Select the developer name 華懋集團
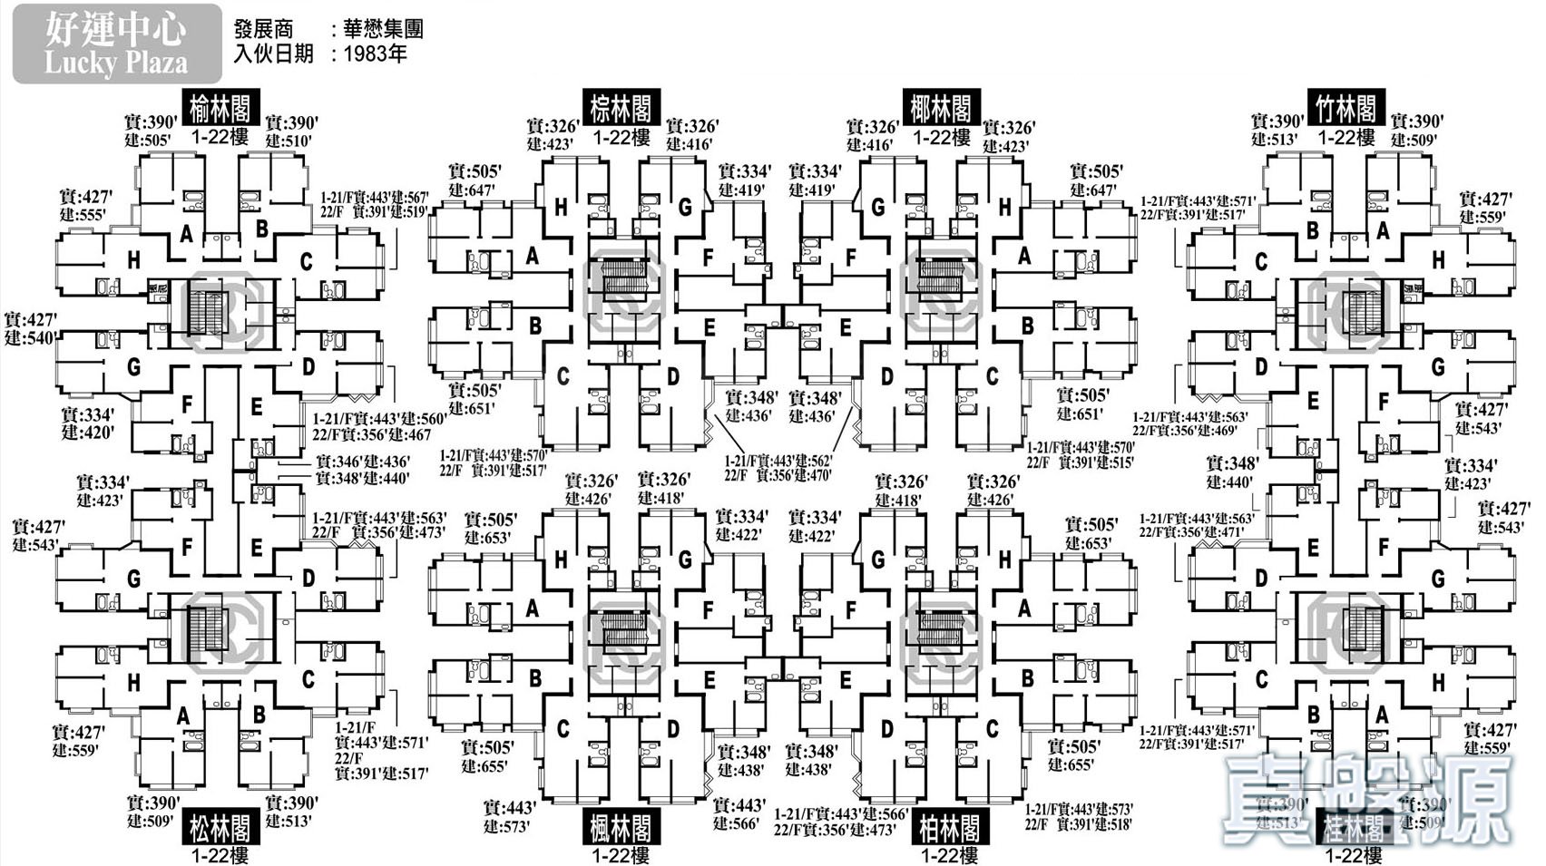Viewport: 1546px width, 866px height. (x=383, y=30)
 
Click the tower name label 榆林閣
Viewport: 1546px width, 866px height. (x=220, y=109)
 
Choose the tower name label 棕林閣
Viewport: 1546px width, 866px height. (x=621, y=109)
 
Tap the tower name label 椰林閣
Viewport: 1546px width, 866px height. (x=941, y=109)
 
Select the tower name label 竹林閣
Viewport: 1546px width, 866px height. (x=1346, y=109)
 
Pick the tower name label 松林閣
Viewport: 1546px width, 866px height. (x=220, y=827)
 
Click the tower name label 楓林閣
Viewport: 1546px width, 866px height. (x=621, y=827)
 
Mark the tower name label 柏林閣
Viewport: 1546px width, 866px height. (x=948, y=827)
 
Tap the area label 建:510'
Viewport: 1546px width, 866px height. (x=289, y=141)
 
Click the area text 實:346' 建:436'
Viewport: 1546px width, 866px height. (x=362, y=462)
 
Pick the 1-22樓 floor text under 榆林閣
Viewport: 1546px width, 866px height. (x=220, y=137)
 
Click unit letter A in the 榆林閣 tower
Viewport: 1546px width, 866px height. (x=187, y=234)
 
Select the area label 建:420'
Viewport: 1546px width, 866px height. (x=88, y=433)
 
